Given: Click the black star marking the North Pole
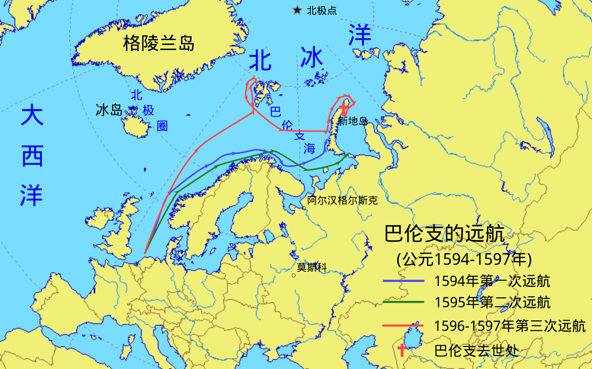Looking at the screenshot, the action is pos(297,10).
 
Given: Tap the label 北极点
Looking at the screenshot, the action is pos(321,11).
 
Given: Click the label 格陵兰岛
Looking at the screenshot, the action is pos(159,43).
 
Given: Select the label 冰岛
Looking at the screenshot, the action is pos(109,110).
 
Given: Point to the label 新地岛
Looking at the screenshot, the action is pos(353,121).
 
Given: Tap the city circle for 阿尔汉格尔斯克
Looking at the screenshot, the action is pos(304,208).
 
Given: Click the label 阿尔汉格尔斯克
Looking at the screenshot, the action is pos(342,200).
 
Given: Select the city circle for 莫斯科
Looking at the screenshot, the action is pos(294,275).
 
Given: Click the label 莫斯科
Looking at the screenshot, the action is pos(311,267).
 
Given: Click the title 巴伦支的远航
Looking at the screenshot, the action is pos(444,234).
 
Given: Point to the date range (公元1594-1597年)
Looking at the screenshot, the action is pos(464,259).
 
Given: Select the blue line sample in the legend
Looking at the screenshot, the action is pos(403,281).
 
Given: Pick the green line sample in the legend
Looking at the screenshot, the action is pos(403,302).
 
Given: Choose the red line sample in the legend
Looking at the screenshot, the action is pos(403,326).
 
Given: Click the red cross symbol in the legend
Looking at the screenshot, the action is pos(402,350).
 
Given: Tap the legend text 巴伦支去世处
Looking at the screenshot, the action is pos(476,351).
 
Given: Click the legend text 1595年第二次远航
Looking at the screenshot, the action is pos(492,302).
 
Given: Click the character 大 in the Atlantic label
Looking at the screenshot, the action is pos(32,115).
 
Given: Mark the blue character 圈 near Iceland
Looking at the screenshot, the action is pos(162,126).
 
